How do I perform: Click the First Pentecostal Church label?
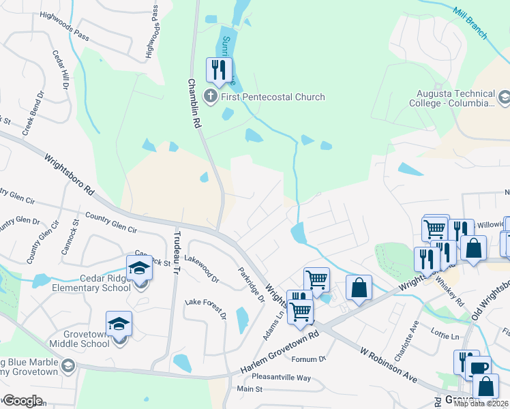point(272,97)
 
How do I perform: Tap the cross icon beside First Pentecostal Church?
point(211,97)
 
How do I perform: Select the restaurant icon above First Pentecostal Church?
point(219,70)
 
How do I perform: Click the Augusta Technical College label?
point(457,98)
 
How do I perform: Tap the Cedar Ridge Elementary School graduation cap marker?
point(140,268)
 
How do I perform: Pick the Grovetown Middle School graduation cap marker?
point(119,324)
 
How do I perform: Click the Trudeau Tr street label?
point(175,251)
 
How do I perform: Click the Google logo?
point(22,401)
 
